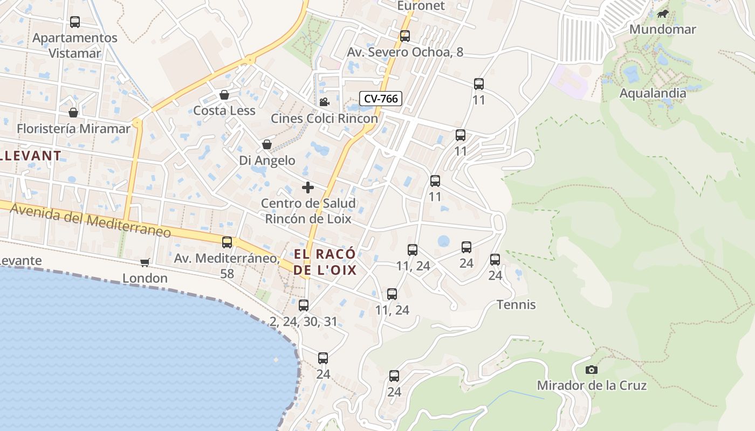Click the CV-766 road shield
[x=381, y=99]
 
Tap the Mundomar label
[x=663, y=29]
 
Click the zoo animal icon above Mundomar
[x=663, y=14]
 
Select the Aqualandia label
[x=653, y=93]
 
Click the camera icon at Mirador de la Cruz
[x=592, y=370]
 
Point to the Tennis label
[x=516, y=304]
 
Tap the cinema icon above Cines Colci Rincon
[x=324, y=102]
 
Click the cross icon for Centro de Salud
[x=307, y=187]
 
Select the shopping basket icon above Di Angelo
[x=266, y=144]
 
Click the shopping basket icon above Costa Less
[x=224, y=95]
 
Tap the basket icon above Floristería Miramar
[x=73, y=113]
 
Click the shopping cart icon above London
[x=145, y=262]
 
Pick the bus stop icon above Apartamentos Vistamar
[x=75, y=22]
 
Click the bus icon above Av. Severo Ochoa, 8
[x=405, y=36]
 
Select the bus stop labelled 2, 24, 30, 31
[x=304, y=305]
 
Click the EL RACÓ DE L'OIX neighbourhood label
[x=325, y=262]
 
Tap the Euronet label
[x=421, y=6]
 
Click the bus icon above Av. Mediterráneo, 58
[x=227, y=242]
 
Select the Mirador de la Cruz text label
[x=592, y=385]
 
